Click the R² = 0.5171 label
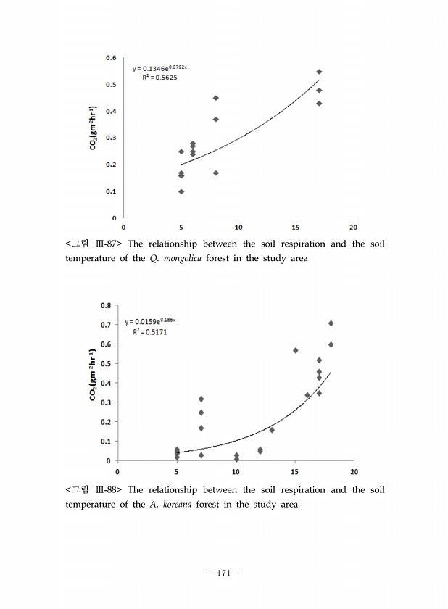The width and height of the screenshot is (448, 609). [x=149, y=331]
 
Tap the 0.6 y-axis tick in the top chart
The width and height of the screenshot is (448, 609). [x=112, y=57]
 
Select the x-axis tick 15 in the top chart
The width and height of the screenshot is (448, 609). [x=296, y=227]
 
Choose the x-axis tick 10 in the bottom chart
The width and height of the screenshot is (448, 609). [x=236, y=471]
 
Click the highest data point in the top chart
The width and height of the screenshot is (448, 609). [x=319, y=72]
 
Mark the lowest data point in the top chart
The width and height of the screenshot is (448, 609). [x=181, y=191]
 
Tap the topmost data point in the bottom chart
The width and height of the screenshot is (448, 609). [x=331, y=323]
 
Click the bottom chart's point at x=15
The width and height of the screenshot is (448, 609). [x=296, y=350]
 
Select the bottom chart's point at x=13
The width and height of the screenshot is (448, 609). [x=272, y=430]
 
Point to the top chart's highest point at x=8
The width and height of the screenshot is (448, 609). [x=216, y=98]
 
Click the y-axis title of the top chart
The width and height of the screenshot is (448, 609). [x=94, y=138]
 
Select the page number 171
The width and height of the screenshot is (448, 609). [x=223, y=573]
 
